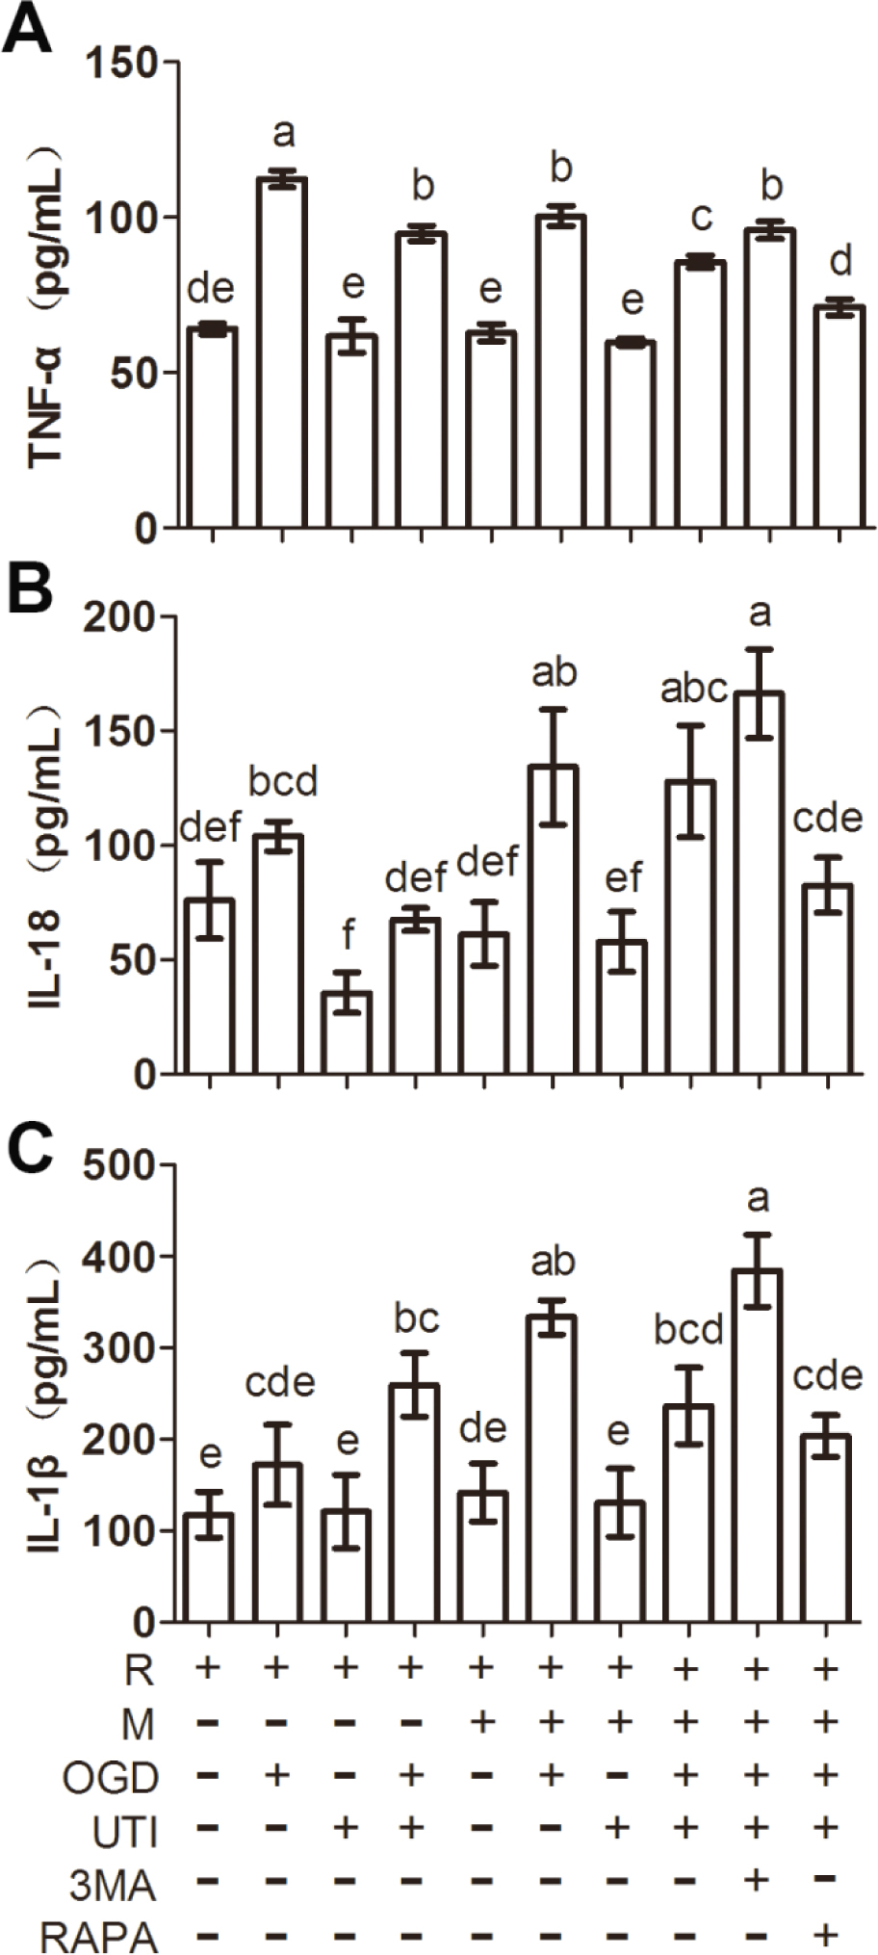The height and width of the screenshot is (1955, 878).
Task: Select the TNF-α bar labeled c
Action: [x=700, y=394]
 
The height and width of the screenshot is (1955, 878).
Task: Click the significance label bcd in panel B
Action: [x=283, y=782]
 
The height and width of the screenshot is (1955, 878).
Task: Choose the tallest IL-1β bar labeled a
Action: [x=758, y=1446]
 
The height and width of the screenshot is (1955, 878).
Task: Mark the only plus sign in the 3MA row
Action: [x=757, y=1879]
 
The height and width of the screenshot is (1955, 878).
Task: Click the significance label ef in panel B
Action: [x=621, y=878]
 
